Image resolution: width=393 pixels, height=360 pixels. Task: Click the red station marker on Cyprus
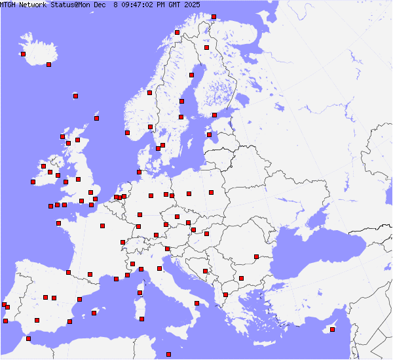333,329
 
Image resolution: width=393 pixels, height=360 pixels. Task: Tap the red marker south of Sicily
168,354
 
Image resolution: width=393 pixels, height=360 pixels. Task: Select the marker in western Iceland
23,54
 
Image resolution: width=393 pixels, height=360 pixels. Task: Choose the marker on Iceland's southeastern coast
48,64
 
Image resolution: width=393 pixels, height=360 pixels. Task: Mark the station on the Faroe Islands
75,96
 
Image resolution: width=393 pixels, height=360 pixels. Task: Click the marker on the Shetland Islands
97,118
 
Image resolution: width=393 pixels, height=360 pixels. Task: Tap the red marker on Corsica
140,292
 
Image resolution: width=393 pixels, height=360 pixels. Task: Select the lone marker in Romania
256,256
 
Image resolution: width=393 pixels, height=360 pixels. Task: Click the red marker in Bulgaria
241,278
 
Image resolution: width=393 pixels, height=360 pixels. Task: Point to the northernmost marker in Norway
214,16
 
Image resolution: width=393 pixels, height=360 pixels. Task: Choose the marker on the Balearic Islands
94,313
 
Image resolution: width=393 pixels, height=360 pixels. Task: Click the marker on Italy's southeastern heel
197,303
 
